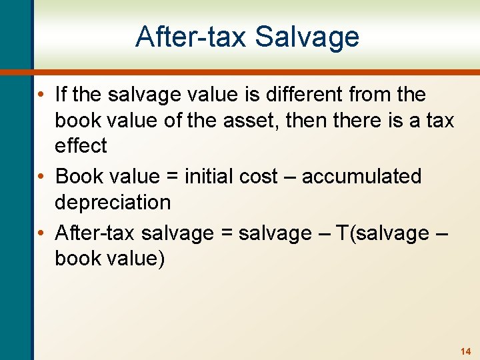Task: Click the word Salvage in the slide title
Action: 307,37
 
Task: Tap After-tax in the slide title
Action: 190,37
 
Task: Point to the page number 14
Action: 465,351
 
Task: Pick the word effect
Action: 81,146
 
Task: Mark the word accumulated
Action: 362,177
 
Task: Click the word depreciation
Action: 113,202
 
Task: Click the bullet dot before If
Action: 42,95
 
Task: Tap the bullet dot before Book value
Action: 42,177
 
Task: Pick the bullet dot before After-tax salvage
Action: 42,234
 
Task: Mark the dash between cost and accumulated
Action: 290,177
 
